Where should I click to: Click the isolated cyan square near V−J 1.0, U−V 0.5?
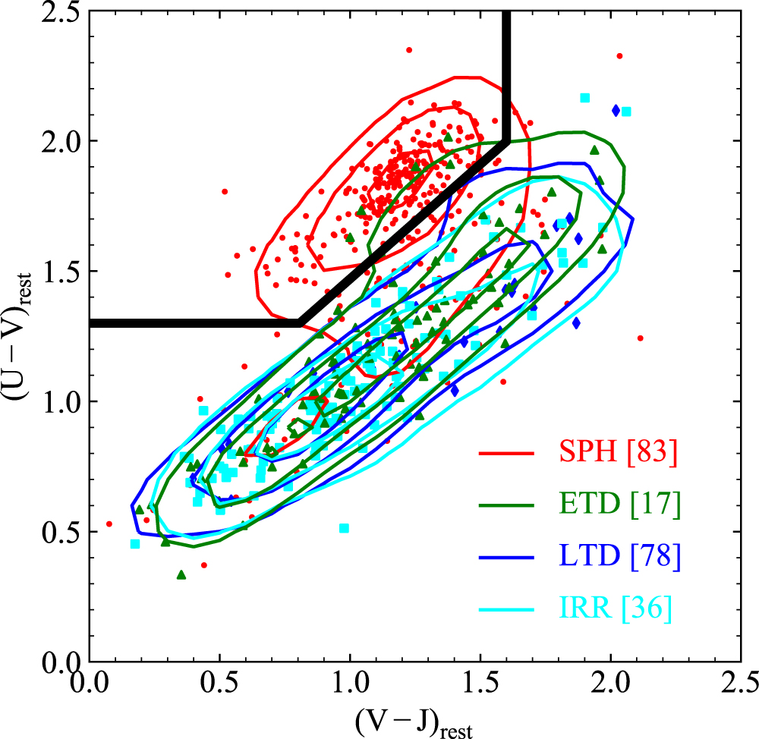[344, 527]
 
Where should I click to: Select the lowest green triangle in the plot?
[181, 575]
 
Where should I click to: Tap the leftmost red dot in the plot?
[109, 524]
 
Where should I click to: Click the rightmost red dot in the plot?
[640, 338]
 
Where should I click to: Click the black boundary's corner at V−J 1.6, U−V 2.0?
[506, 141]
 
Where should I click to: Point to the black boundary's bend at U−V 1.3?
[299, 323]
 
